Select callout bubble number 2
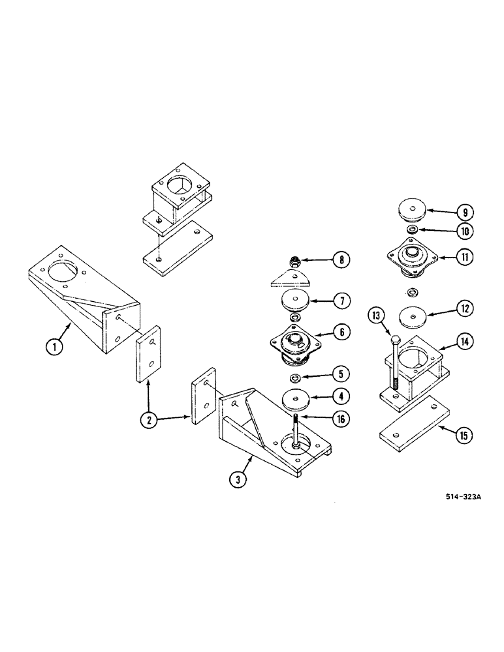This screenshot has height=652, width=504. point(149,420)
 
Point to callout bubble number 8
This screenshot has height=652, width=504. point(340,261)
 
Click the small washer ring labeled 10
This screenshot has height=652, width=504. point(412,231)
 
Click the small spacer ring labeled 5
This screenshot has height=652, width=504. point(295,379)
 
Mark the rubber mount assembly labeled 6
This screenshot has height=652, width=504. point(294,342)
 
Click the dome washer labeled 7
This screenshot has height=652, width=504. point(295,303)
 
